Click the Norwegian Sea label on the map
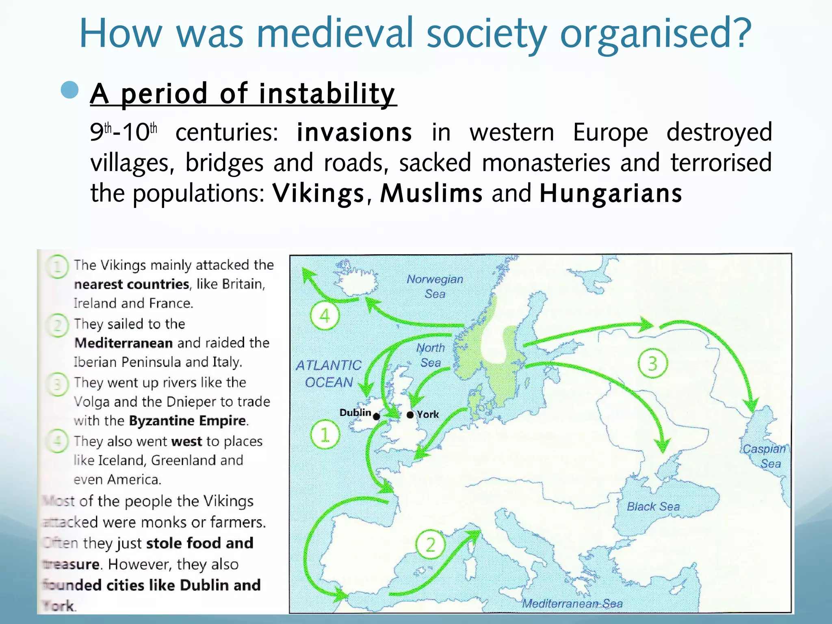[435, 286]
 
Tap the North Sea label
[430, 355]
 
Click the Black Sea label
[653, 507]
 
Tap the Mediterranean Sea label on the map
[572, 604]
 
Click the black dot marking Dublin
[377, 416]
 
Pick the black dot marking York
[410, 415]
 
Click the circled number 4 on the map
[325, 316]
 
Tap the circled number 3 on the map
[652, 364]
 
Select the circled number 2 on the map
[430, 544]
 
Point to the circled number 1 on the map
[325, 435]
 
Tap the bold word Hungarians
[611, 193]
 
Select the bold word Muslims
[431, 193]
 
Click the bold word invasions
[354, 132]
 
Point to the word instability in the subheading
[327, 93]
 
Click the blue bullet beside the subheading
[69, 90]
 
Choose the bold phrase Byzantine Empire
[188, 420]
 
